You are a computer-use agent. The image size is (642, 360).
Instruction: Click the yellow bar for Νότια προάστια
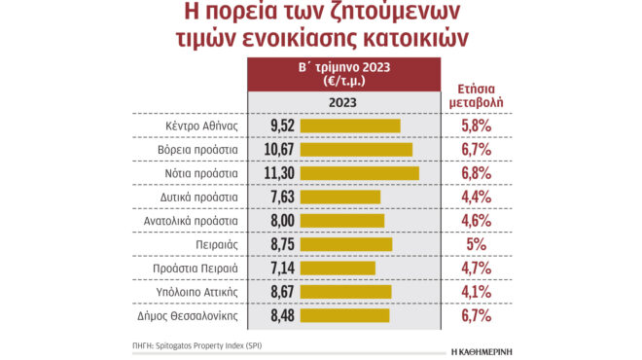pos(360,173)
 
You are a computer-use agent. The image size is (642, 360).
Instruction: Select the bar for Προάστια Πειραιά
pos(338,268)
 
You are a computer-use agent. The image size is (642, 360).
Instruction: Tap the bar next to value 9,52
pos(350,126)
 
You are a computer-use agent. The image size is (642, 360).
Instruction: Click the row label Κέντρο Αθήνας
pos(203,126)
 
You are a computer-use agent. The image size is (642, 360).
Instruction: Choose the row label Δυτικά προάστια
pos(198,197)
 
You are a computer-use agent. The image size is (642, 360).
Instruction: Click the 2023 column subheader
pos(342,101)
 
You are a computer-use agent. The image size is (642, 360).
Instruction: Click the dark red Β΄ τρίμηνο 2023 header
pos(343,75)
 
